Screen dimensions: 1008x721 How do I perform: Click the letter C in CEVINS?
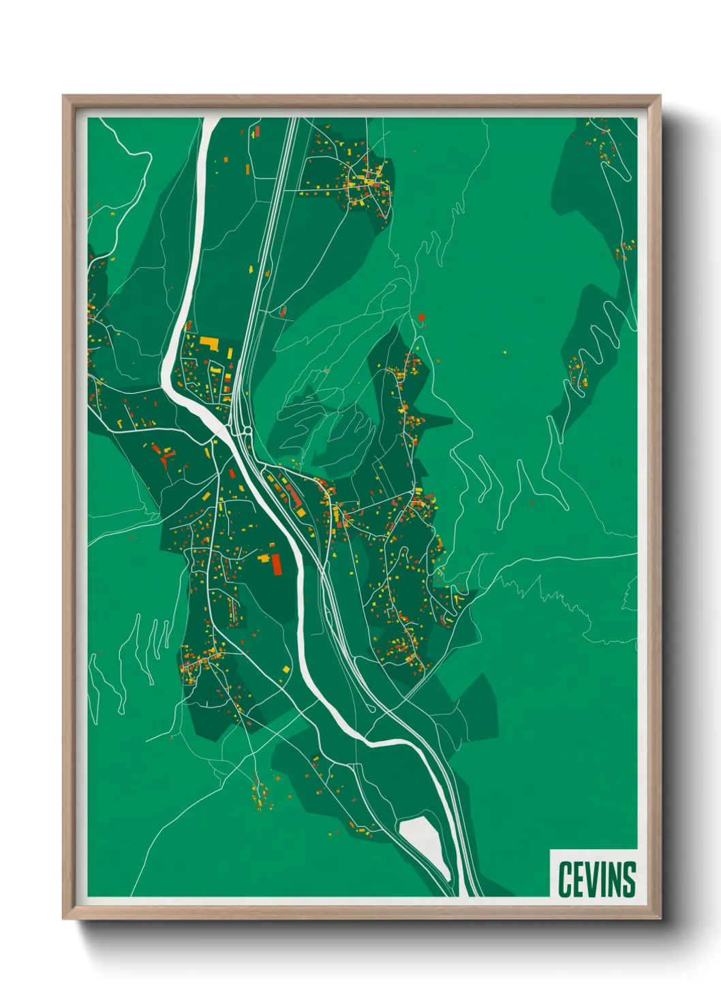(564, 879)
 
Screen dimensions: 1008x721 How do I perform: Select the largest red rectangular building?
(277, 565)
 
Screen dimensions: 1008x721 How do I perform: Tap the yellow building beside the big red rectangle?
(264, 558)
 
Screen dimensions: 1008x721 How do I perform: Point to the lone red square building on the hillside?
(422, 317)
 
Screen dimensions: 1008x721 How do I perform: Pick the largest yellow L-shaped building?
(208, 342)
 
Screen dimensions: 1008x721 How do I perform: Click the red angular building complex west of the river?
(164, 455)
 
